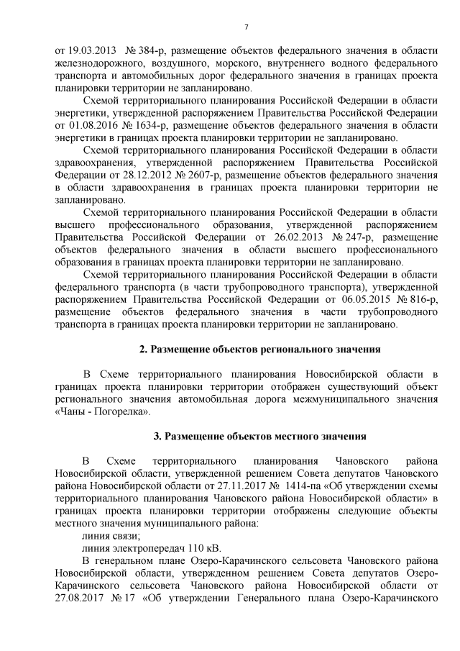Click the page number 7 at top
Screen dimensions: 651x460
pyautogui.click(x=246, y=27)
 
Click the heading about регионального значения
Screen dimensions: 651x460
pyautogui.click(x=259, y=350)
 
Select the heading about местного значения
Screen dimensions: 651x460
pyautogui.click(x=259, y=437)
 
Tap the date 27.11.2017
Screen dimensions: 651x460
pyautogui.click(x=230, y=486)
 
